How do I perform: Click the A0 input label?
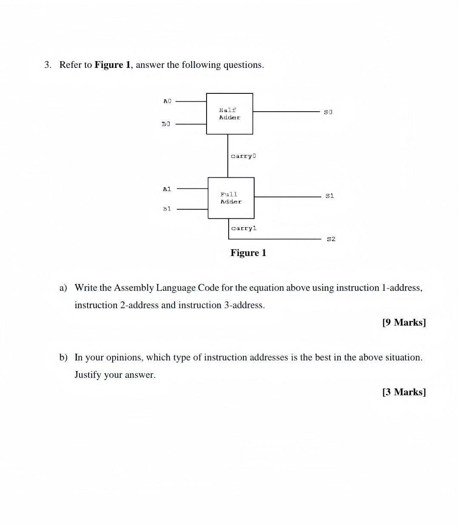pos(167,101)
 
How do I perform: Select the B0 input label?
pos(166,124)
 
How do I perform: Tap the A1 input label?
pos(167,188)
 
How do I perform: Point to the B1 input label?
pos(167,209)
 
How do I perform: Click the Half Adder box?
pos(229,114)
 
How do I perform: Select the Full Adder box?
pos(231,198)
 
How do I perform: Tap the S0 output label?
pos(328,112)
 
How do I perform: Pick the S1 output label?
pos(329,196)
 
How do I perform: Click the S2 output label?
pos(331,239)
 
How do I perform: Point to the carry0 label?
pos(243,156)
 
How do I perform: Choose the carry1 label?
pos(244,228)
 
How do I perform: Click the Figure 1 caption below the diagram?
pos(248,253)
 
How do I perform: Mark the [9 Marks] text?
pos(404,322)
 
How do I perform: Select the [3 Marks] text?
pos(404,392)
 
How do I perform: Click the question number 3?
pos(48,65)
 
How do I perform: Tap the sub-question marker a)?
pos(63,288)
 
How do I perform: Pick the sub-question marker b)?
pos(63,357)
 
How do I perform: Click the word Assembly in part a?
pos(133,288)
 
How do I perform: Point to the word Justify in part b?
pos(88,375)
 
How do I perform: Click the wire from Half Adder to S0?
pos(287,112)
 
